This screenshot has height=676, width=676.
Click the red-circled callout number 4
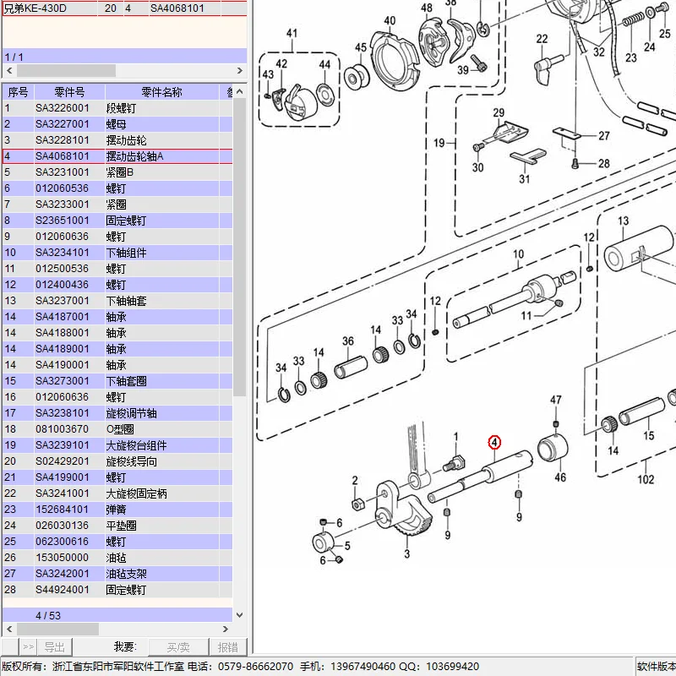click(494, 442)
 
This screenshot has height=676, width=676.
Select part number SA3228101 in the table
click(62, 140)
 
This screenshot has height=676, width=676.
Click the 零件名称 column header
click(161, 92)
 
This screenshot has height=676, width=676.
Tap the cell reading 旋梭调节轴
click(132, 413)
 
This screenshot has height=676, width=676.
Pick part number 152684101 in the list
click(62, 510)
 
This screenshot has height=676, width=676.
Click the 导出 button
click(54, 646)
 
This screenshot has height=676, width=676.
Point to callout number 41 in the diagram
click(292, 33)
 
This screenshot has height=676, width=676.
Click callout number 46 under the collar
click(560, 477)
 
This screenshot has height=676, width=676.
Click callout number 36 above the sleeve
click(348, 341)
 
